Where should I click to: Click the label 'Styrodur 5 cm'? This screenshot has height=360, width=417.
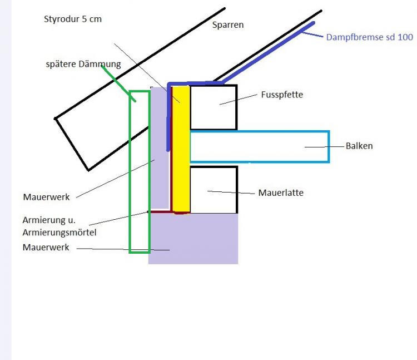[72, 19]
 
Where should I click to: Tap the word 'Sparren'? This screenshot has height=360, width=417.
[228, 25]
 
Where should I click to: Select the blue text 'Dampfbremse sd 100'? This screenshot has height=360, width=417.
[369, 38]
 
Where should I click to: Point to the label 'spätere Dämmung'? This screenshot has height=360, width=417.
[83, 65]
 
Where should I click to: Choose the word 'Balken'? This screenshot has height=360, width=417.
[359, 146]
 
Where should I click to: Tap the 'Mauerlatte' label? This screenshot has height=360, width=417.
[281, 193]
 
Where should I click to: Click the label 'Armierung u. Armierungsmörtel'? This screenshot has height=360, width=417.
[59, 226]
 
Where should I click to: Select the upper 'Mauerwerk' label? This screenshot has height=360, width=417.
[46, 197]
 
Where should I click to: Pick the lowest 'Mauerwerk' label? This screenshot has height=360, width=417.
[46, 247]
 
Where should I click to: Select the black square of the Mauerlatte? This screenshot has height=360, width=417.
[214, 190]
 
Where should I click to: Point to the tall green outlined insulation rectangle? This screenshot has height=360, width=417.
[139, 223]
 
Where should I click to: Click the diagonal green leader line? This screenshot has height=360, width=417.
[117, 81]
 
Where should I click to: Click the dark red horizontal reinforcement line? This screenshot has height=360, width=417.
[160, 211]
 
